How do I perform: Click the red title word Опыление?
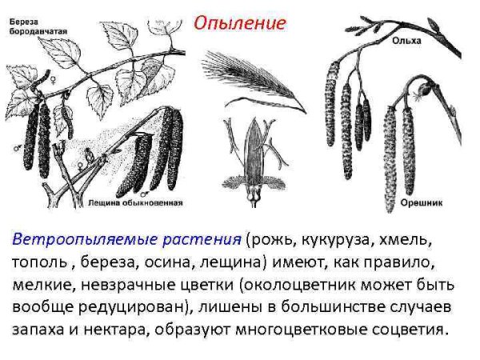(x=239, y=22)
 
